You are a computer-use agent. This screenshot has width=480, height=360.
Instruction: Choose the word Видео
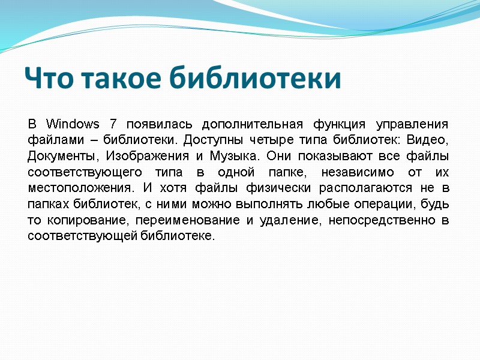coord(428,140)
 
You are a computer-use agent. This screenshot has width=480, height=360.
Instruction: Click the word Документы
coord(61,156)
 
